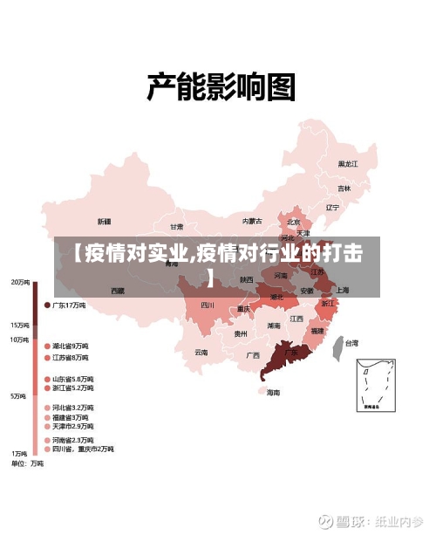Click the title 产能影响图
220,87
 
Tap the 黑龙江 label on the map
348,163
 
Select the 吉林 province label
344,188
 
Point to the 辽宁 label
331,208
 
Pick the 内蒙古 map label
252,221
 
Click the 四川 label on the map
207,305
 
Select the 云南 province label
201,353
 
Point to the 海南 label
273,393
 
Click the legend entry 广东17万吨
69,305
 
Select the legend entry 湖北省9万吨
70,346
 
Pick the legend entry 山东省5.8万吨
73,379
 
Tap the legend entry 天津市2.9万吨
73,426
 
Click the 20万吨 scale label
20,282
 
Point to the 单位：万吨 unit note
27,464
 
